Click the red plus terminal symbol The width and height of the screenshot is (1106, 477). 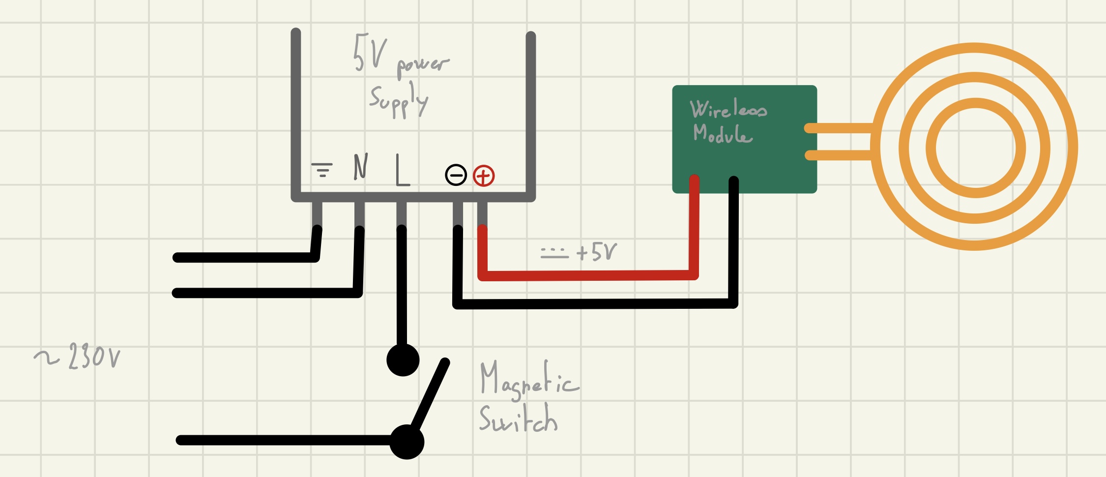click(484, 176)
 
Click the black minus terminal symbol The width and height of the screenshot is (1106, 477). click(456, 175)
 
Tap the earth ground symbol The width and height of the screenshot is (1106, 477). click(322, 170)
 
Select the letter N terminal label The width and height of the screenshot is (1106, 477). click(361, 167)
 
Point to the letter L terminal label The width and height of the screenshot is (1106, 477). click(402, 171)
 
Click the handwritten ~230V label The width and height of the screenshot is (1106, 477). click(79, 356)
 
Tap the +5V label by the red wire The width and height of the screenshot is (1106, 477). click(596, 252)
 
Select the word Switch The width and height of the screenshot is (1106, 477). click(518, 419)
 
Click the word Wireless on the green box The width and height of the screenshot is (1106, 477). click(728, 109)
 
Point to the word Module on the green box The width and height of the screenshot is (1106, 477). click(722, 133)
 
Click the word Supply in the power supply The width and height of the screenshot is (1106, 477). click(399, 101)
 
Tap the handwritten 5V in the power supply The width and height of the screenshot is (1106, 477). click(369, 53)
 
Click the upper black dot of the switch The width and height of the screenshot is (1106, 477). click(403, 360)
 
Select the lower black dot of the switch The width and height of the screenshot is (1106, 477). click(407, 442)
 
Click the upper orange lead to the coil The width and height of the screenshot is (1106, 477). click(838, 128)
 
